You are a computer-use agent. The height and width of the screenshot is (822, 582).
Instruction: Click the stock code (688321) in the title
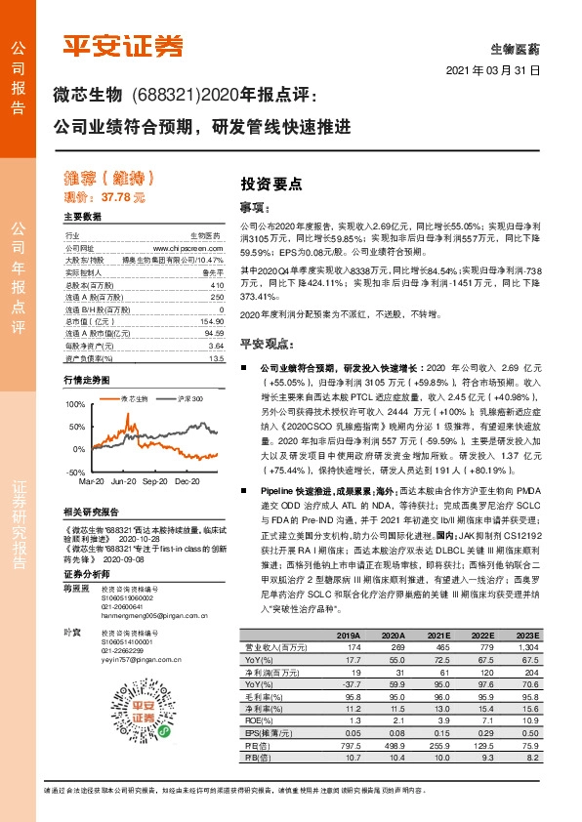pyautogui.click(x=170, y=97)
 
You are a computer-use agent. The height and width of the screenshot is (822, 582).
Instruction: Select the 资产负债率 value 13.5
pyautogui.click(x=216, y=358)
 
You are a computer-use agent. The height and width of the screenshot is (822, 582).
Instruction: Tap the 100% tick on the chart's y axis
pyautogui.click(x=74, y=403)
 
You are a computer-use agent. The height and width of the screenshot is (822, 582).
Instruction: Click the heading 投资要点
pyautogui.click(x=271, y=183)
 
